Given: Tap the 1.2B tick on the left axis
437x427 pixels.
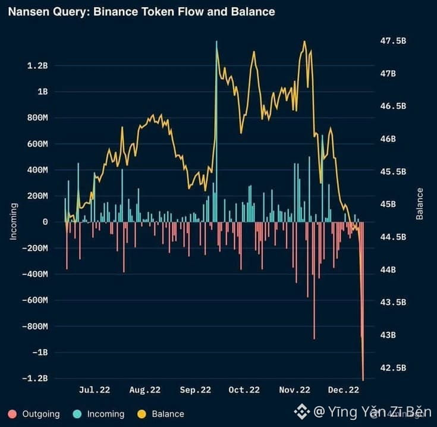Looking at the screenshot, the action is [37, 66].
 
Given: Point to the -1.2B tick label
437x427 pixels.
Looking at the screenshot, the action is [35, 378].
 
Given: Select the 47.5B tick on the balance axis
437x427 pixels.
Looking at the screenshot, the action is [393, 41].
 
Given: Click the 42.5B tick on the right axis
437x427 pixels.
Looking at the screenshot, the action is [393, 368].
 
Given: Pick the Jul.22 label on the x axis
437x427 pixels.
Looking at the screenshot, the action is [95, 390].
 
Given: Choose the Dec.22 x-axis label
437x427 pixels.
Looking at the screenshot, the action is [344, 390].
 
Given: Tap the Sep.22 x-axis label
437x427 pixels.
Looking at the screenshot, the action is [196, 390].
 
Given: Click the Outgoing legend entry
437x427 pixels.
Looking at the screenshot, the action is [34, 414].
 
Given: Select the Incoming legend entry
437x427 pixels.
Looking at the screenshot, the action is [98, 414].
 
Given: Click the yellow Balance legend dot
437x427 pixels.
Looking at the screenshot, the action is [142, 414].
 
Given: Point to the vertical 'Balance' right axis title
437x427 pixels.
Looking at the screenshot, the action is [419, 204].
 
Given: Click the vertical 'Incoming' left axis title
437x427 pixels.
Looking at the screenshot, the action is [13, 222].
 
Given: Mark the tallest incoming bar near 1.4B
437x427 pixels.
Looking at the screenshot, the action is [216, 131].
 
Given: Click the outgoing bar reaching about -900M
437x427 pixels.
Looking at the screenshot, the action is [315, 280].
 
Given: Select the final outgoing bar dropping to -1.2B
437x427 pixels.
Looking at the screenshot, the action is [363, 301].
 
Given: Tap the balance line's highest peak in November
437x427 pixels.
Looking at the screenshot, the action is [304, 42].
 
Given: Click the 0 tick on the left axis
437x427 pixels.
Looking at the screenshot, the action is [45, 222].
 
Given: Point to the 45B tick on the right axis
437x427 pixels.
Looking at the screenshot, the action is [388, 205].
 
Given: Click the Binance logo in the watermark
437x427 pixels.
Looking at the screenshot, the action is [301, 412].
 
